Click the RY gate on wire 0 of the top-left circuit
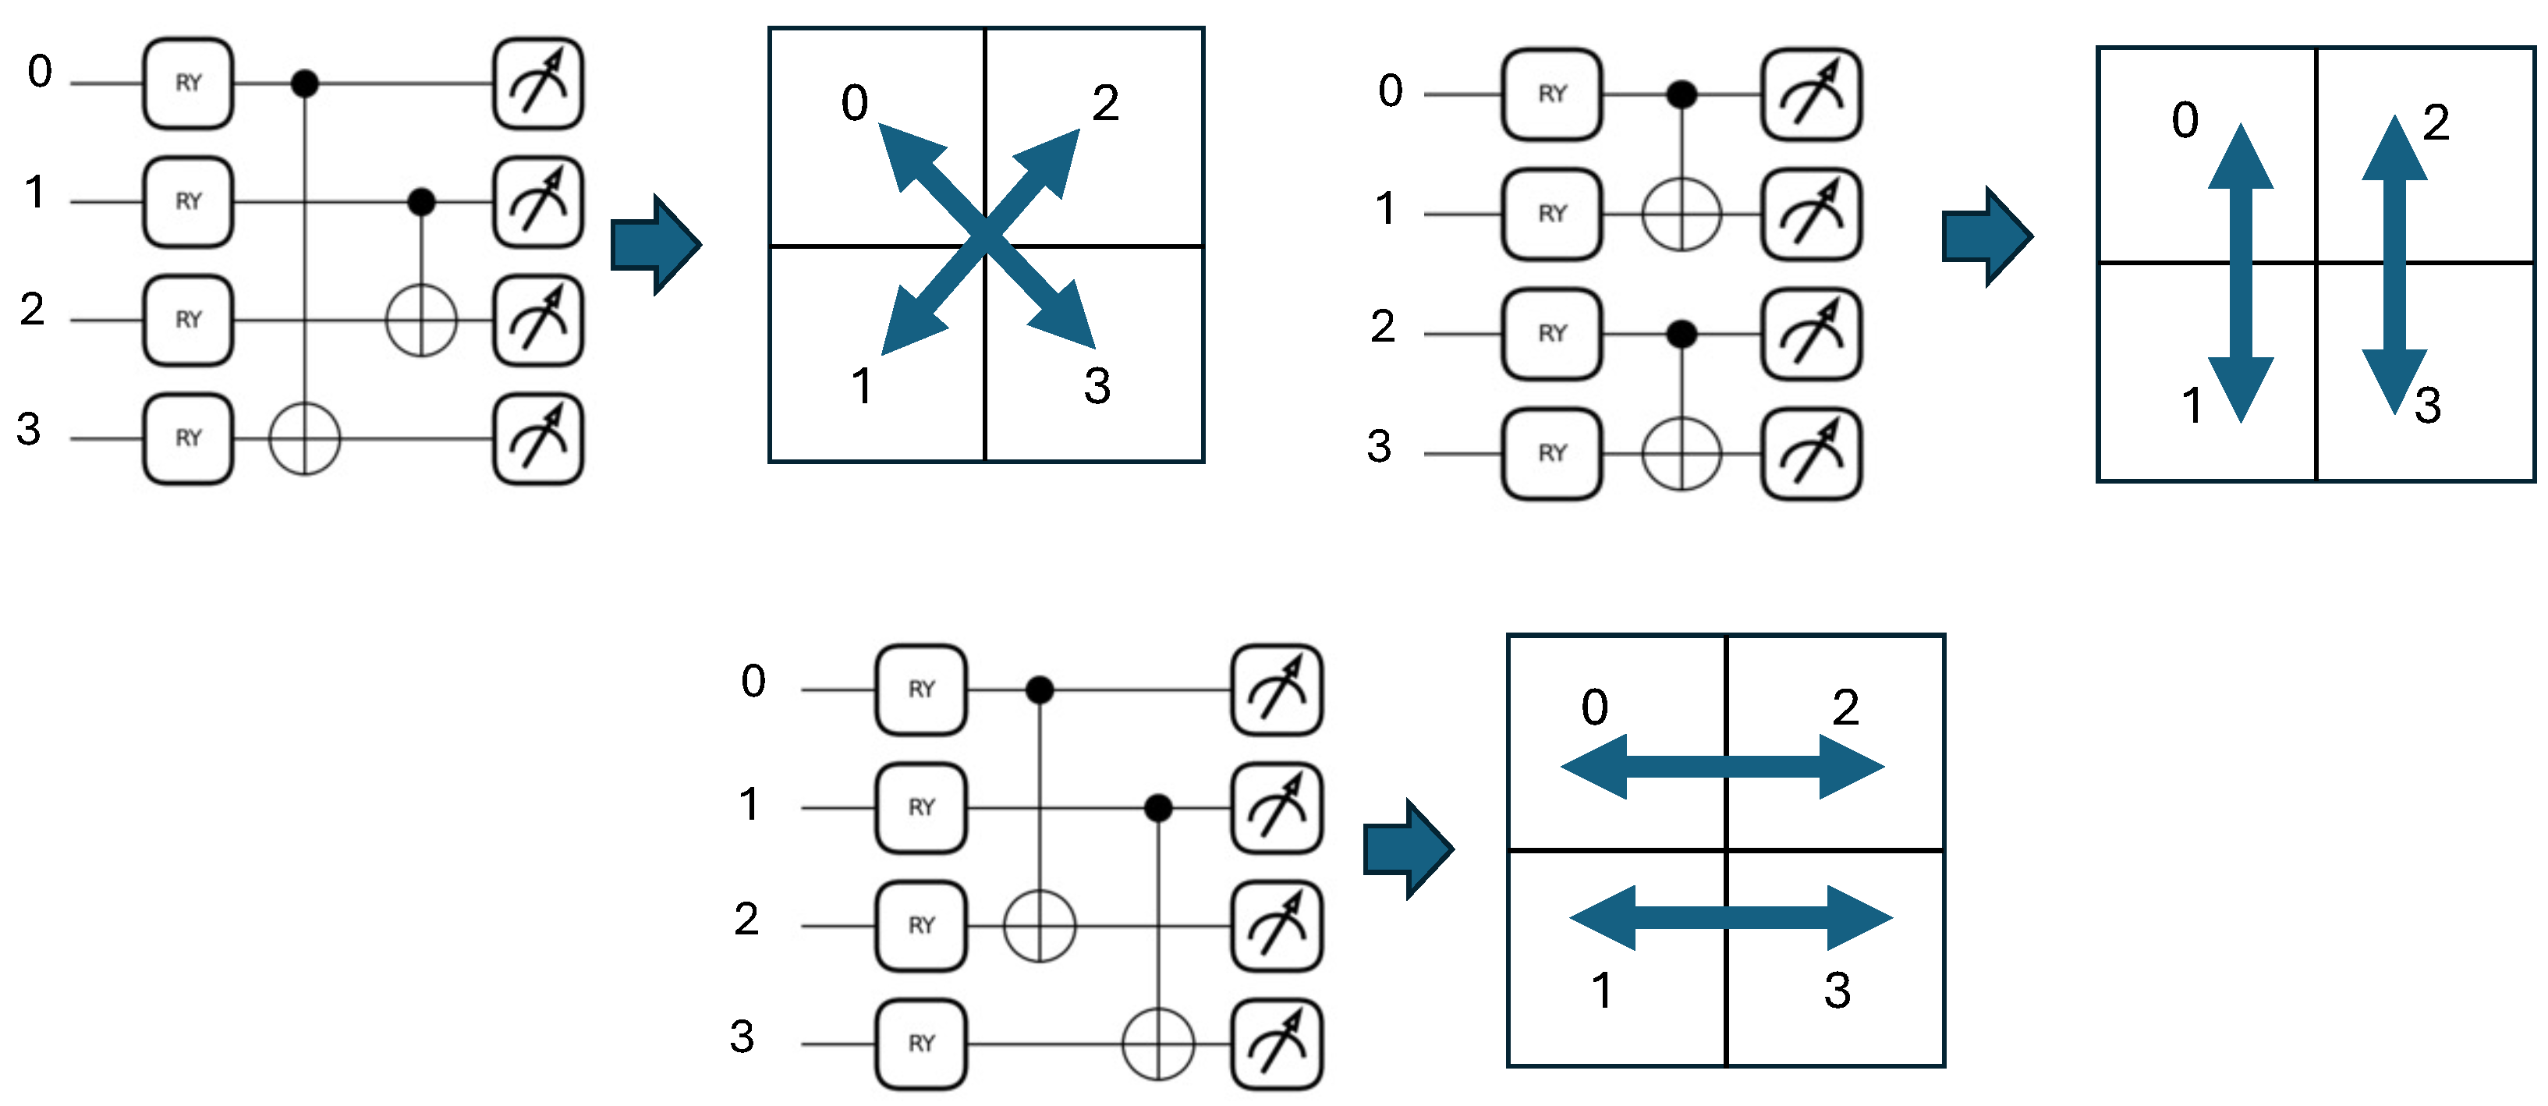pos(188,84)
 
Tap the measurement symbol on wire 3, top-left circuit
pos(538,439)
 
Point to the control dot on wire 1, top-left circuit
pos(421,202)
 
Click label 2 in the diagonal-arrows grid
pos(1106,103)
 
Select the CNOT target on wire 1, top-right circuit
pos(1682,214)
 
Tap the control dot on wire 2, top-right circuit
pos(1682,335)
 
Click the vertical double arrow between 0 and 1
pos(2241,273)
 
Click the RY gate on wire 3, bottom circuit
pos(921,1044)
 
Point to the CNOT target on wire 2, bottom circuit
pos(1040,926)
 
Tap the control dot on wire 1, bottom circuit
pos(1158,808)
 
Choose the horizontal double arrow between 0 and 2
pos(1722,766)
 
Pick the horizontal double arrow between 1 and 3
pos(1731,917)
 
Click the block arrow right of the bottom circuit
pos(1409,849)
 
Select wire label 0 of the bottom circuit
pos(753,681)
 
